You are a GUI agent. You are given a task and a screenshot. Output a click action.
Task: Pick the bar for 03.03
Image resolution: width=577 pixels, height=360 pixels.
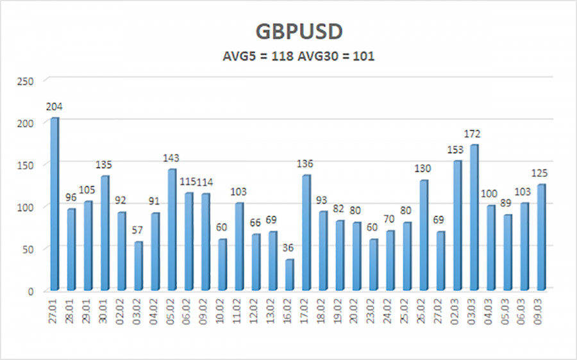point(474,217)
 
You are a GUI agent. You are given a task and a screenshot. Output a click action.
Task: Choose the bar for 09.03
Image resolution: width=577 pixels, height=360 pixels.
point(541,236)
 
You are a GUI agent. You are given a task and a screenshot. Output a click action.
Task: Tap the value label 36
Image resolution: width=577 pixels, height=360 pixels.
point(289,249)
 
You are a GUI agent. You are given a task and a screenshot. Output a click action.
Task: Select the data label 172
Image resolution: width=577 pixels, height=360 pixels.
point(473,134)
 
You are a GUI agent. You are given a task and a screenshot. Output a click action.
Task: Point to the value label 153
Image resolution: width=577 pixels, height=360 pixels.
point(456,150)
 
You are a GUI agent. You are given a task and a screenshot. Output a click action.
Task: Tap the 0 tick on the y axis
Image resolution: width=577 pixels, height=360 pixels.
point(30,291)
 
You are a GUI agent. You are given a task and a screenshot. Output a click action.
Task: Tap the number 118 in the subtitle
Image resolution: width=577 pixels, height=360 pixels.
point(283,56)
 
